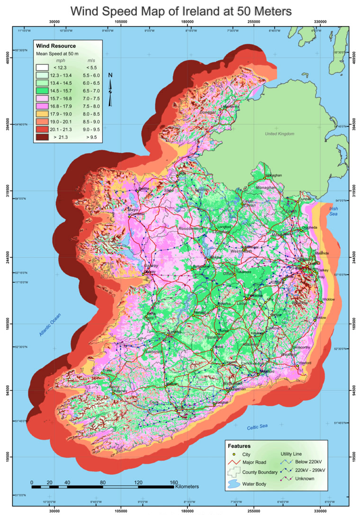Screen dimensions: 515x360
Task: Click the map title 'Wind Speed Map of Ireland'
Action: pyautogui.click(x=180, y=10)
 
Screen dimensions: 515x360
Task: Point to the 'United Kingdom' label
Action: pyautogui.click(x=279, y=134)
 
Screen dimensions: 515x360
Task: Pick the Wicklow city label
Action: pyautogui.click(x=328, y=299)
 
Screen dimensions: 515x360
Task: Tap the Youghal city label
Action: pyautogui.click(x=222, y=402)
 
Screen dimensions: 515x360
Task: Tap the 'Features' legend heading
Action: pyautogui.click(x=240, y=446)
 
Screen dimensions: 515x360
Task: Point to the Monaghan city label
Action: pyautogui.click(x=274, y=175)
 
